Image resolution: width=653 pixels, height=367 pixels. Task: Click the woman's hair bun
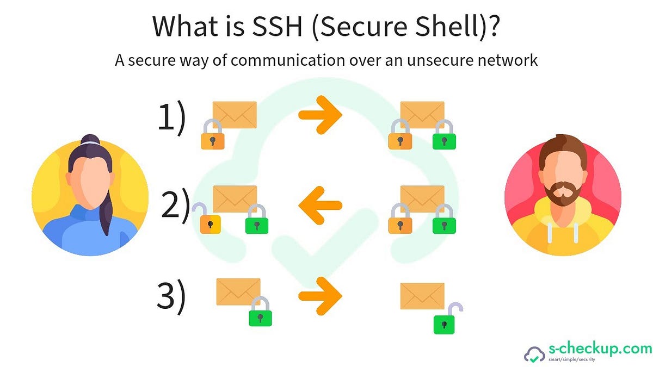[x=90, y=140]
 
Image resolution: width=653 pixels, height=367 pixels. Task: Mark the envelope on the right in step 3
[x=422, y=296]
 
